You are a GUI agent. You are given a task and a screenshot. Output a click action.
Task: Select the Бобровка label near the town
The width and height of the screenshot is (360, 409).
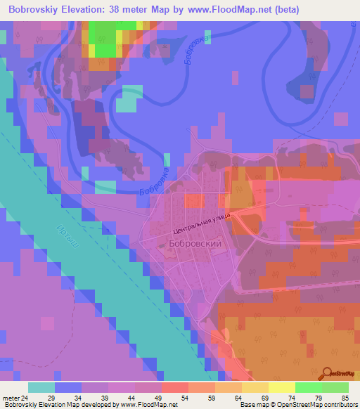tap(155, 182)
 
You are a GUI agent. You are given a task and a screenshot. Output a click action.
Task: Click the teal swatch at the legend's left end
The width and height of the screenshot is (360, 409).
tap(41, 387)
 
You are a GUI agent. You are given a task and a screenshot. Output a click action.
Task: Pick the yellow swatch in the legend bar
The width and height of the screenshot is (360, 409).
tap(281, 387)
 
